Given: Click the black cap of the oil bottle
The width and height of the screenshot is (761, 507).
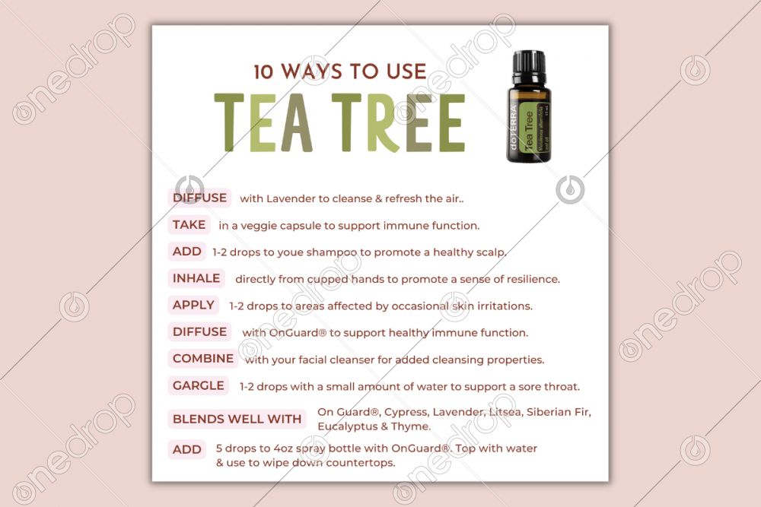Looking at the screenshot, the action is tap(529, 67).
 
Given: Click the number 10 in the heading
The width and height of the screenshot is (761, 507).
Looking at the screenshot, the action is tap(263, 71).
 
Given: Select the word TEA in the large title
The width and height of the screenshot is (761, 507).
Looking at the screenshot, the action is tap(263, 122).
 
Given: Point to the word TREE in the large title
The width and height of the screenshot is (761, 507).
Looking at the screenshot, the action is tap(399, 122).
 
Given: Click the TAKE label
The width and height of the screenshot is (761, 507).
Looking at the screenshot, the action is tap(189, 225).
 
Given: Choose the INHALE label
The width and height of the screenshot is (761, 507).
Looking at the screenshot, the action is tap(196, 278).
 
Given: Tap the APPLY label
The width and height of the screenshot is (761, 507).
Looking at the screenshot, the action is tap(193, 305).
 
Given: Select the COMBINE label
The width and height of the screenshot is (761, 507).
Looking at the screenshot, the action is tap(203, 359).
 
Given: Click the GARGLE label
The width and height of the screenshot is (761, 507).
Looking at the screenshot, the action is tap(199, 385).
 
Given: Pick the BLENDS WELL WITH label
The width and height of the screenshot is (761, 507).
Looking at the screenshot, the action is tap(237, 419).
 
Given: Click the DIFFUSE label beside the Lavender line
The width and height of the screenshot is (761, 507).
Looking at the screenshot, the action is tap(200, 198).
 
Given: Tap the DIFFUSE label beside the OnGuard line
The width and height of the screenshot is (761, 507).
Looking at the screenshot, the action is tap(200, 332).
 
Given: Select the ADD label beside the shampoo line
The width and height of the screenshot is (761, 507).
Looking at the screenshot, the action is tap(187, 252).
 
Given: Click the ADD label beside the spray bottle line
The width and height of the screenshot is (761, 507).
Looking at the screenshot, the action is tap(187, 449).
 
